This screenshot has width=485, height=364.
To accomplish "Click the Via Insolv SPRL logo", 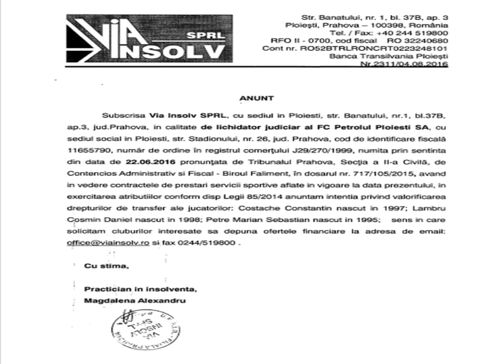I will pos(149,39).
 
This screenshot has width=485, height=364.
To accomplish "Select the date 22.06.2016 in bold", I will pos(151,162).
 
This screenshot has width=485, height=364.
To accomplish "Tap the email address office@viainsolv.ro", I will pos(108,243).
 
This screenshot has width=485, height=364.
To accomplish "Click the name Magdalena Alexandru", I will pos(135,301).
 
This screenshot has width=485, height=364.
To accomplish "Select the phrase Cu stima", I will pos(106,266).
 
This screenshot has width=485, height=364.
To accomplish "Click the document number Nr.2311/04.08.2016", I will pos(404,64).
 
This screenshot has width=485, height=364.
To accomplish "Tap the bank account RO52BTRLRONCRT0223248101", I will pos(373,49).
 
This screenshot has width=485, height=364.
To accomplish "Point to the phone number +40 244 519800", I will pos(412,33).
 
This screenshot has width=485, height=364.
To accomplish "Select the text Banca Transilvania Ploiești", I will pos(389,56).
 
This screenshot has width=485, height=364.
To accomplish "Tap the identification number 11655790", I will pos(88,150).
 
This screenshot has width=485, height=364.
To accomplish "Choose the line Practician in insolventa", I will pos(140,289).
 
